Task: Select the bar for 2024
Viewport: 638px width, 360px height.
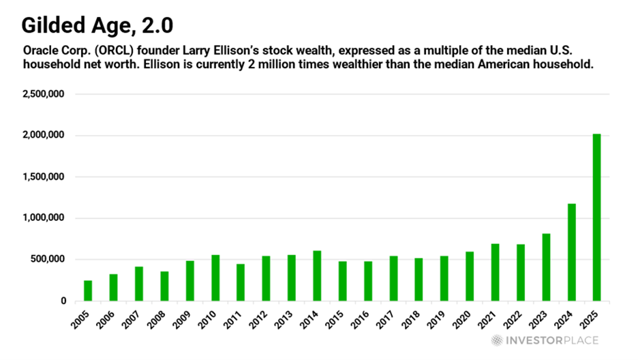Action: click(571, 252)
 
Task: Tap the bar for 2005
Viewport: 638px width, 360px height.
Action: click(88, 290)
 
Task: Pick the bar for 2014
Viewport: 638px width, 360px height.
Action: click(317, 275)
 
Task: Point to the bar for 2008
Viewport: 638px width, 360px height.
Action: click(164, 286)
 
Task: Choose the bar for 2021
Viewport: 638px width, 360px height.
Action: click(495, 272)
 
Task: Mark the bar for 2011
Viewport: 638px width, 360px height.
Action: click(241, 282)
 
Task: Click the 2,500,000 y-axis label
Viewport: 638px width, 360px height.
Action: click(43, 94)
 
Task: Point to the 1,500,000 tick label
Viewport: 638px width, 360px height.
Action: click(43, 177)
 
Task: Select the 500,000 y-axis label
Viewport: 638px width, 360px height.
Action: click(47, 259)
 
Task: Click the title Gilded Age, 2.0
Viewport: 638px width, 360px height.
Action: click(97, 26)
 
